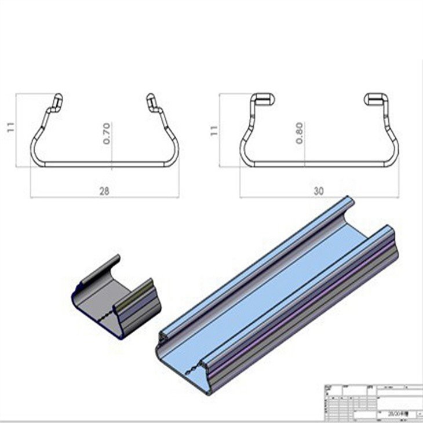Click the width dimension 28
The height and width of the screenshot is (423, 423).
tap(105, 189)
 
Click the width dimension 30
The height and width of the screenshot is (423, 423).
tap(318, 190)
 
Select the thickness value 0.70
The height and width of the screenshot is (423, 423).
tap(106, 133)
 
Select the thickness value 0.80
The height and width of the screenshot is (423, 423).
tap(300, 133)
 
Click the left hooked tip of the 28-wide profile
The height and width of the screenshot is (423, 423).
tap(57, 101)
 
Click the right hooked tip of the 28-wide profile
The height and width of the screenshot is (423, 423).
tap(152, 101)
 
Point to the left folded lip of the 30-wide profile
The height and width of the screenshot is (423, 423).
tap(262, 99)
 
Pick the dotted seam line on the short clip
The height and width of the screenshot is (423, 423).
tap(101, 316)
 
